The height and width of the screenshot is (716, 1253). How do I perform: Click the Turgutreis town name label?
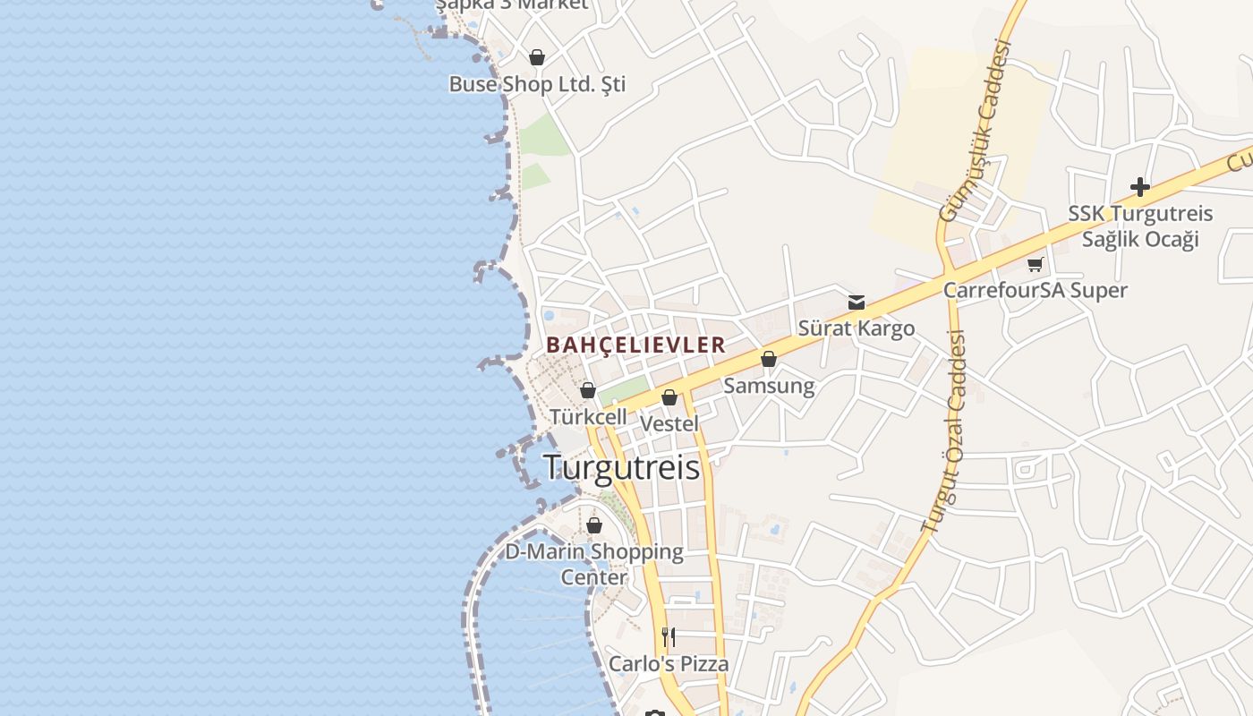pos(622,467)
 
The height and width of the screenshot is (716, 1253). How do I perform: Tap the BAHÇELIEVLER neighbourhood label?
pos(635,345)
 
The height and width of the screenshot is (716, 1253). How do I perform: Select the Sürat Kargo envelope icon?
pos(857,303)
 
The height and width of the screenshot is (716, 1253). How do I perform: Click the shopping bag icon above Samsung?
pos(769,359)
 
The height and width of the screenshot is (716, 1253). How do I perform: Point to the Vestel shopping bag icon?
pos(669,397)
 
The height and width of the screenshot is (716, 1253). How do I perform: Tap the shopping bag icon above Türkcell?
pos(588,390)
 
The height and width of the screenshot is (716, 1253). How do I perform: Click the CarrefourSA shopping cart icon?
pos(1036,264)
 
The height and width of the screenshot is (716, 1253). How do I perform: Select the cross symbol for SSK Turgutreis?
pos(1139,187)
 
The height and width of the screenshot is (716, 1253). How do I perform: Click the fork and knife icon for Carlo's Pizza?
pos(669,637)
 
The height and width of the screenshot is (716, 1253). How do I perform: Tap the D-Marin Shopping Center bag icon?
pos(594,525)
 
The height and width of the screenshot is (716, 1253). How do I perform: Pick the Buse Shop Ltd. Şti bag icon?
pos(537,58)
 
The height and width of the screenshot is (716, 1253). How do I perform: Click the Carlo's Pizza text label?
pos(669,664)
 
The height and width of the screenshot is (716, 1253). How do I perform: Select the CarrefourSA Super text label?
pos(1036,290)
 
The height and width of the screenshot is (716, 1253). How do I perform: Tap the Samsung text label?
pos(769,386)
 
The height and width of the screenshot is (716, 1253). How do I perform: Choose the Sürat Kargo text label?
pos(857,328)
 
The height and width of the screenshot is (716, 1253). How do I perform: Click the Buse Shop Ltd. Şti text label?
pos(537,84)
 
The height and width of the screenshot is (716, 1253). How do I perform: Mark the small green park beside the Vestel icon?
pos(624,390)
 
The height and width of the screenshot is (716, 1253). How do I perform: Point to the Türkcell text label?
pos(588,417)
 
